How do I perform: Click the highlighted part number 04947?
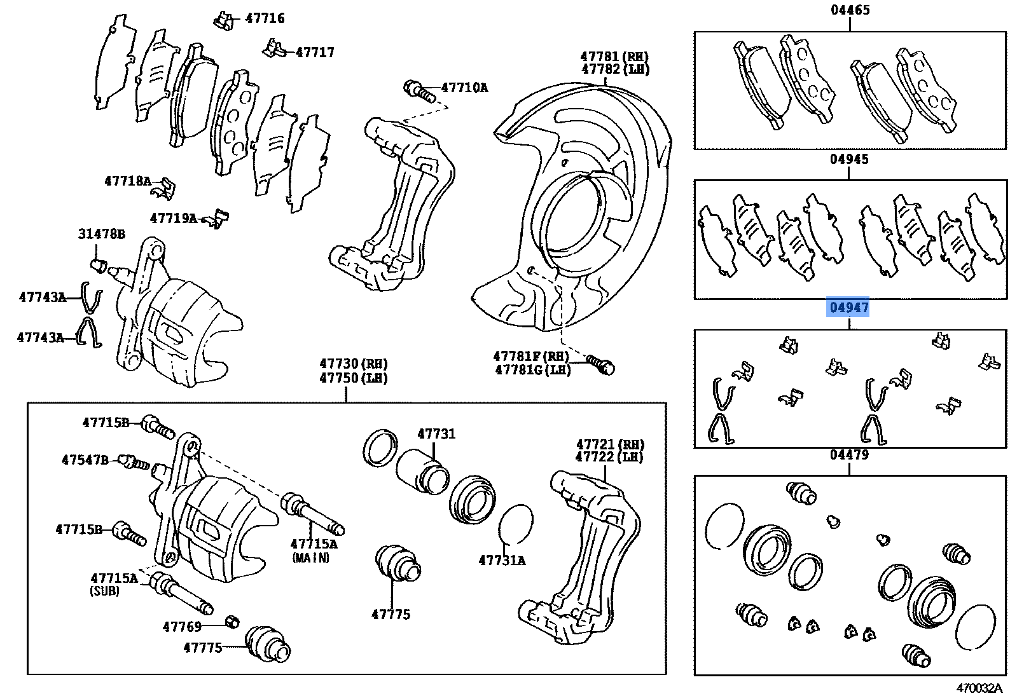point(848,308)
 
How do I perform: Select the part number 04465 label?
point(850,10)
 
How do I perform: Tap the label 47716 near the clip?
point(265,18)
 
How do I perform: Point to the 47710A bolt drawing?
point(419,90)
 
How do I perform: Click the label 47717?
point(315,53)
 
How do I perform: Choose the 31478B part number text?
point(101,234)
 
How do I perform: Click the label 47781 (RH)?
point(614,57)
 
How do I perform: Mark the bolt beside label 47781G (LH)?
point(601,365)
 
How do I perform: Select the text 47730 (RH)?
point(353,364)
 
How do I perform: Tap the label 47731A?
point(502,561)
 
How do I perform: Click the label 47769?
point(182,627)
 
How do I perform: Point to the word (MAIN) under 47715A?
point(311,558)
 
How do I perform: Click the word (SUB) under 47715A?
point(104,591)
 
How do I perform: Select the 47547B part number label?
point(85,460)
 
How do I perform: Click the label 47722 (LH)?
point(609,457)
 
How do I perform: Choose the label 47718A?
point(128,181)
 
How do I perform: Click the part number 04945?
point(848,159)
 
